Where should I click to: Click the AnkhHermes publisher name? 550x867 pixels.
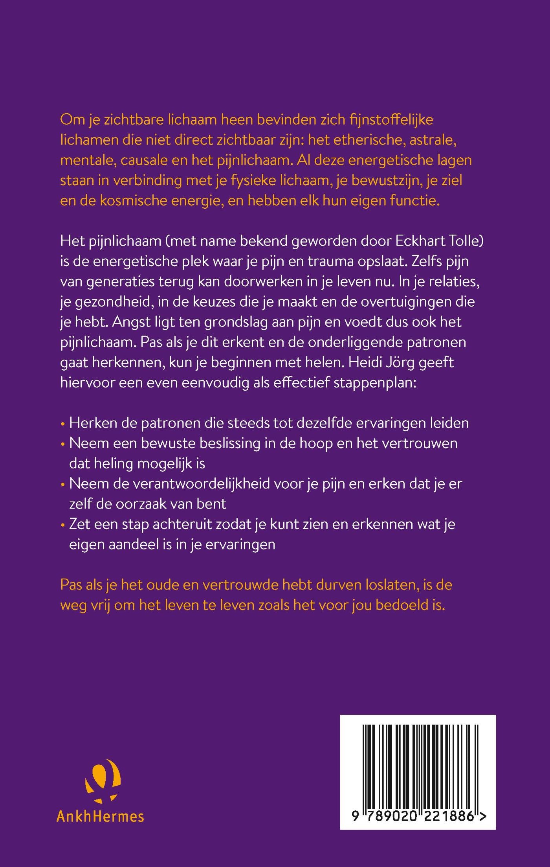[x=100, y=816]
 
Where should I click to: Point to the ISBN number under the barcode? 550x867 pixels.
[x=418, y=816]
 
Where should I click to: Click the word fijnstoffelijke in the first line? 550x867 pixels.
[x=391, y=119]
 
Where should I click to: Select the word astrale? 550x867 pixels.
[x=433, y=140]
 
